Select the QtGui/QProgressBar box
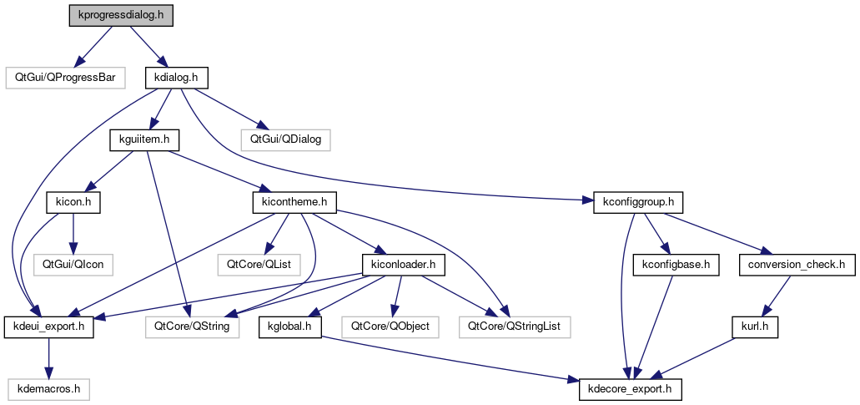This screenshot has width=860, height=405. (65, 78)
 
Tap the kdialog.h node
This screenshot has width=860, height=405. (175, 78)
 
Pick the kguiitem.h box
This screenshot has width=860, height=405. (139, 140)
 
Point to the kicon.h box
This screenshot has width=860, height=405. (73, 203)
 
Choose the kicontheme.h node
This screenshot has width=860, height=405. (294, 203)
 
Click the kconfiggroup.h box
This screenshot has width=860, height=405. (639, 203)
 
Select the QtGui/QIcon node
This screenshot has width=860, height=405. (73, 265)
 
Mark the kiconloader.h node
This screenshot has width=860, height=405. (404, 265)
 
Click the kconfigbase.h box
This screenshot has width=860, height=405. (675, 265)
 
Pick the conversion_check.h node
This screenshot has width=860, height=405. (797, 265)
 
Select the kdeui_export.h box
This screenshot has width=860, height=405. (49, 327)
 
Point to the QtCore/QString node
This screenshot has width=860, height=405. (193, 327)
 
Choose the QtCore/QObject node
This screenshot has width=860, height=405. (390, 327)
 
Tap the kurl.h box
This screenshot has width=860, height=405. (755, 327)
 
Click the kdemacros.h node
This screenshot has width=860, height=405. (49, 388)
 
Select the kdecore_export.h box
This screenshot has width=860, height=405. (631, 388)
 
